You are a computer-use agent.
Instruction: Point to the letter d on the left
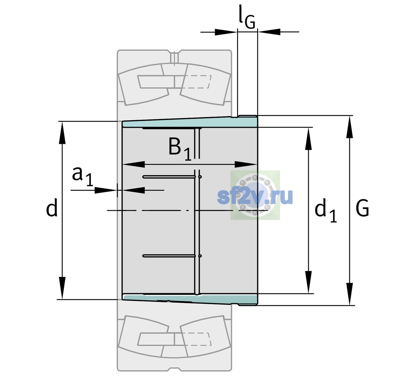tap(51, 207)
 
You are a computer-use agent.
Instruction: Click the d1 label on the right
tap(325, 210)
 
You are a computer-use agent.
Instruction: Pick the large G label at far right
tap(362, 208)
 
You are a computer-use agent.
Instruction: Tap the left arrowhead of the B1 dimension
tap(134, 164)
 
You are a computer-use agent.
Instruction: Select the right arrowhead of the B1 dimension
tap(246, 164)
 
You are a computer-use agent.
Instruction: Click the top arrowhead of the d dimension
tap(62, 133)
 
